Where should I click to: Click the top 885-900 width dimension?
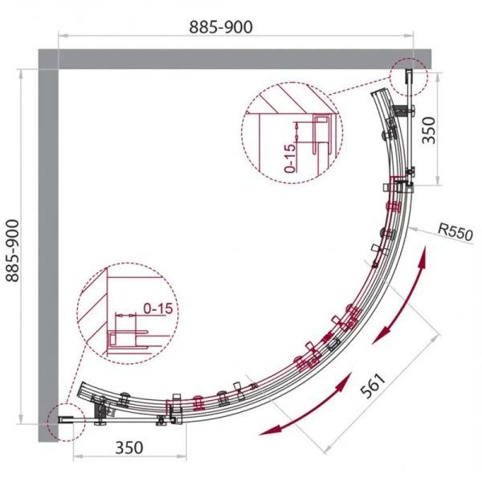[221, 27]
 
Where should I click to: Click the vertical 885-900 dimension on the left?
[13, 251]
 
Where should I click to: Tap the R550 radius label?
[455, 232]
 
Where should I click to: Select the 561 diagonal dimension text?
[373, 386]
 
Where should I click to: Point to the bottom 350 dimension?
[129, 448]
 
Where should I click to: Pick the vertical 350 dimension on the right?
[429, 130]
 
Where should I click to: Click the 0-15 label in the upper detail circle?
[289, 158]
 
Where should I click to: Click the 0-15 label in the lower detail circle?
[158, 308]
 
